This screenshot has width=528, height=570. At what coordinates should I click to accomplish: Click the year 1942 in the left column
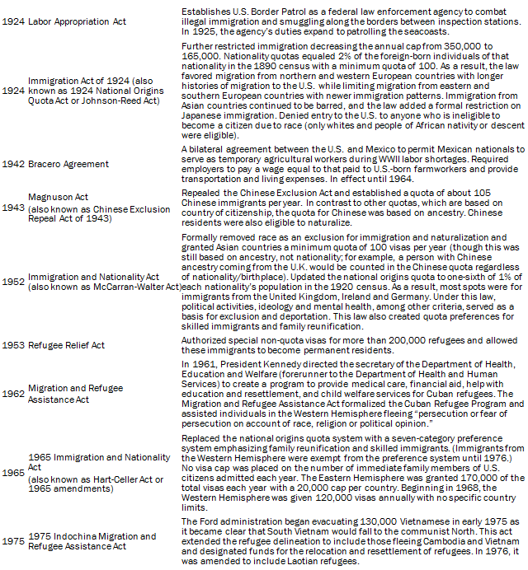(12, 165)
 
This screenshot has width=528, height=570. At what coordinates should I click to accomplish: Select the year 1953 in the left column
(12, 345)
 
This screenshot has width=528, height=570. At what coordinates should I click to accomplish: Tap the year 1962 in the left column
(12, 394)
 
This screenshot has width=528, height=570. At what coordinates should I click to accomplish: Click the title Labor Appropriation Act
(78, 21)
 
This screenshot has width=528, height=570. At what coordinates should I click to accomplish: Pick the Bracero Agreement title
(69, 165)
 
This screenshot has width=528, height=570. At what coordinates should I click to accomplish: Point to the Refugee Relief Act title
(67, 345)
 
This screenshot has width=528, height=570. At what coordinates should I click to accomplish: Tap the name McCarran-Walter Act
(140, 287)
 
